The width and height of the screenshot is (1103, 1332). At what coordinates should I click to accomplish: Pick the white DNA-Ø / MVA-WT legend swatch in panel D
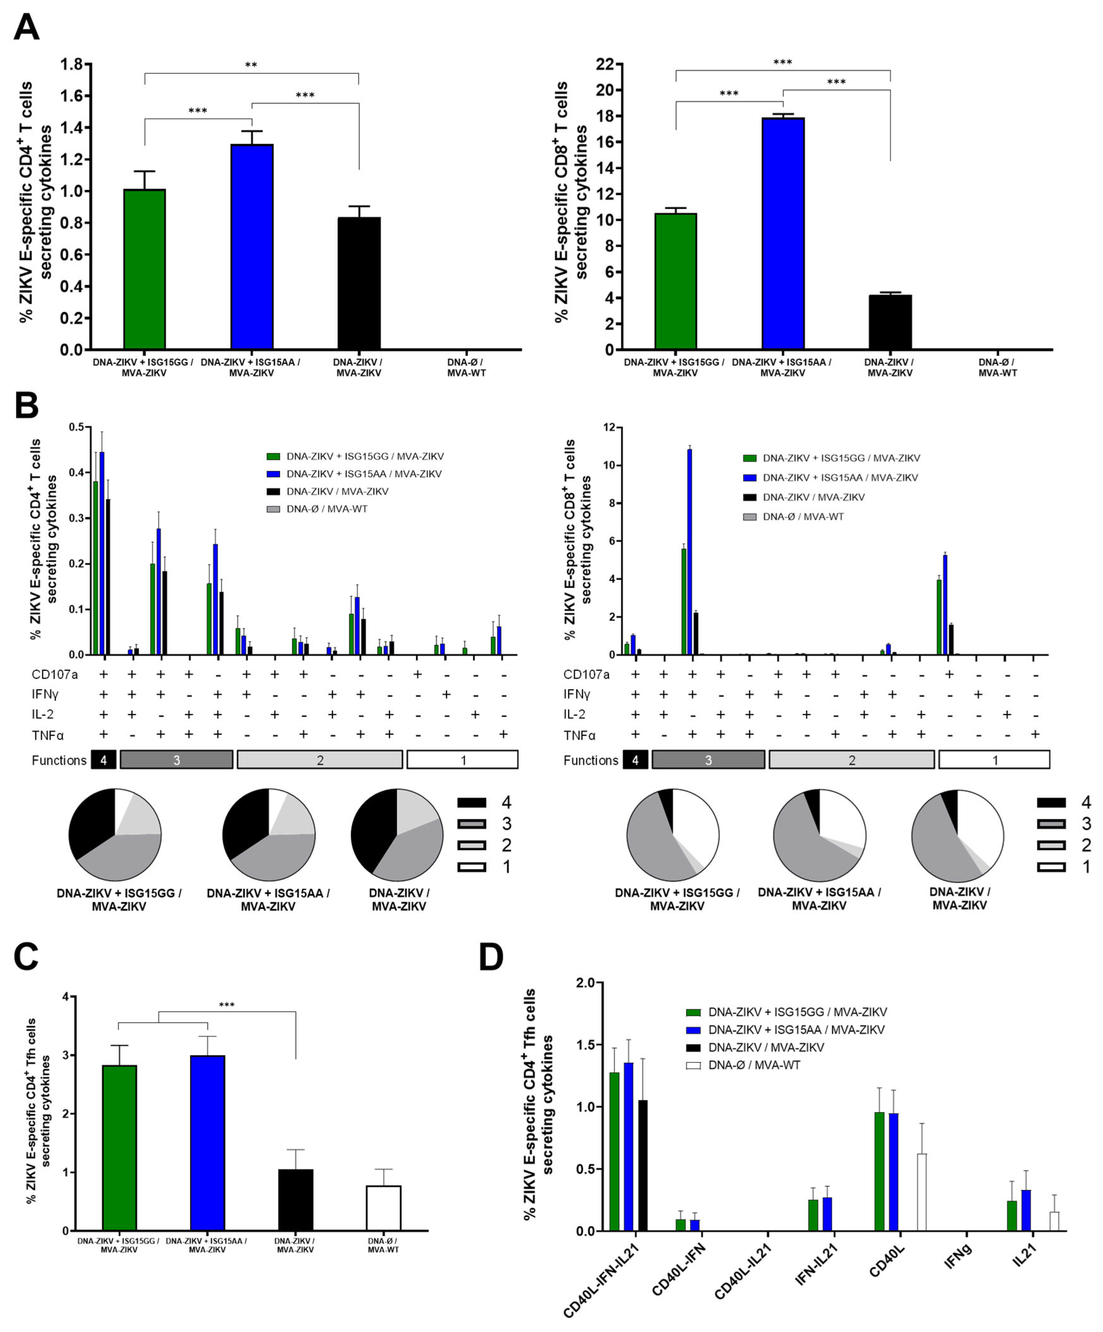click(693, 1065)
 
